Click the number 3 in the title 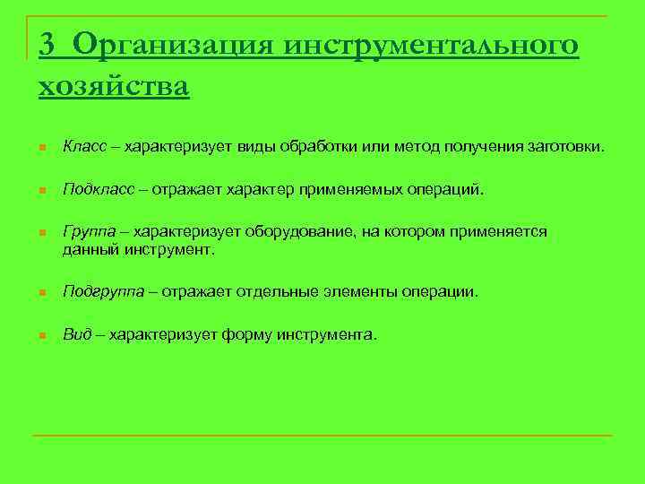click(49, 44)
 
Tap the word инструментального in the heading click(432, 44)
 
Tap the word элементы click(366, 292)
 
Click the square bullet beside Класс click(41, 148)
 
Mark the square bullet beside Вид click(41, 336)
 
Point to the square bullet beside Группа click(41, 234)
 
